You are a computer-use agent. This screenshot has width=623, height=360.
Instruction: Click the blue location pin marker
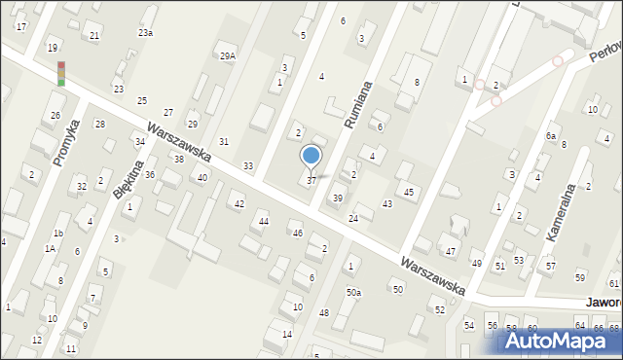point(311,156)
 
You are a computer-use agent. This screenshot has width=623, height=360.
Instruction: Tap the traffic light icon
point(61,74)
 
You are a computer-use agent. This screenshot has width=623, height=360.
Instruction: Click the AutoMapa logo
point(559,341)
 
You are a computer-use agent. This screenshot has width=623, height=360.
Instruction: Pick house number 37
point(311,180)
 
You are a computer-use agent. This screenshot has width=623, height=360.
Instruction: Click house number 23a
point(145,33)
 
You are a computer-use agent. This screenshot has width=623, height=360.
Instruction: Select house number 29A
point(227,56)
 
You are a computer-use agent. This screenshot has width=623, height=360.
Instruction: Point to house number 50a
point(353,292)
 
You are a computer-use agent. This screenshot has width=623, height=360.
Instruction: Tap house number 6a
point(551,136)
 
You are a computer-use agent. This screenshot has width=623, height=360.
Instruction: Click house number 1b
point(58,234)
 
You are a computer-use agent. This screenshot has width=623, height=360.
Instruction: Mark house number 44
point(263,222)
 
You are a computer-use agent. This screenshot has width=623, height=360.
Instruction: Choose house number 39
point(338,198)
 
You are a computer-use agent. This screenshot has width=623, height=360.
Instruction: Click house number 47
point(451,251)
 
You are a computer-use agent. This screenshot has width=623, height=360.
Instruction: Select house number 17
point(20,26)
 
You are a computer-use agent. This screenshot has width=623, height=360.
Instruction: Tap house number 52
point(440,309)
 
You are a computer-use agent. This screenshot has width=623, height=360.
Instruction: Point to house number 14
point(287,334)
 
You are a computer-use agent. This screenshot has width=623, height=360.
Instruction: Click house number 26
point(55,116)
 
